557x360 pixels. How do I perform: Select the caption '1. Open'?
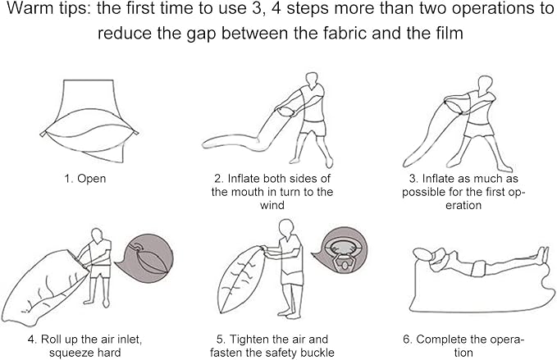[x=84, y=179]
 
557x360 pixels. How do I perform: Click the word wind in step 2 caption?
[x=272, y=205]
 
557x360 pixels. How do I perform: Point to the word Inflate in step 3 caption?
[x=439, y=178]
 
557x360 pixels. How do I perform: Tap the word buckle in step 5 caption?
[x=317, y=353]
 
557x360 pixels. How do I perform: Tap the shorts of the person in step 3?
[x=480, y=130]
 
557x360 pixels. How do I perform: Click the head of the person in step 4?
[x=98, y=235]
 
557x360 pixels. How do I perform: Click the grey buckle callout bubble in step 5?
[x=340, y=250]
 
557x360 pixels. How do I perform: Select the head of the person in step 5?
[x=286, y=228]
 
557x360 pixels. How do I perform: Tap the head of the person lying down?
[x=423, y=253]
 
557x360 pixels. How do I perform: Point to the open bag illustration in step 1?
[x=89, y=121]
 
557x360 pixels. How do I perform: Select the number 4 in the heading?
[x=276, y=9]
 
